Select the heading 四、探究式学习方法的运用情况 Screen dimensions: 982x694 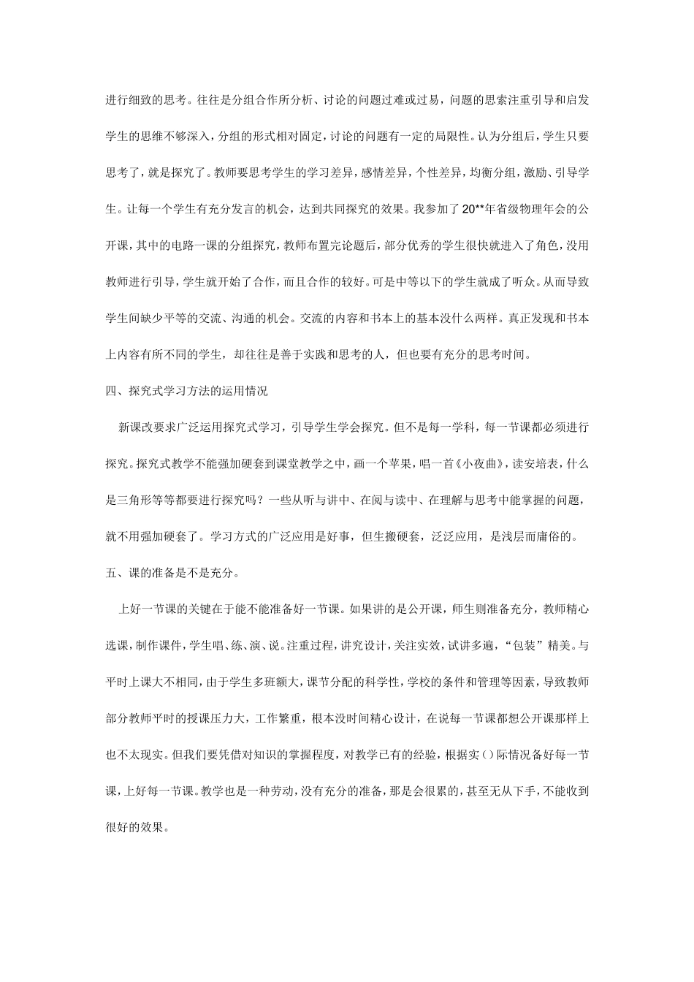pos(187,391)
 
